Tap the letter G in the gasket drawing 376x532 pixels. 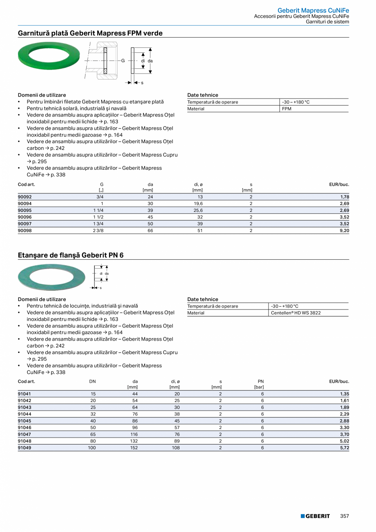click(123, 61)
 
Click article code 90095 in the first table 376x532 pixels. click(25, 210)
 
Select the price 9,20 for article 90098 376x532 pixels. click(344, 231)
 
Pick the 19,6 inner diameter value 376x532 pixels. click(198, 204)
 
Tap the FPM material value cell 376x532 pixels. click(286, 109)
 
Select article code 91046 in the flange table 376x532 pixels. click(25, 428)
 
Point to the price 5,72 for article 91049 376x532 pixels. click(344, 448)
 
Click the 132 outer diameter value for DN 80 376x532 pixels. click(133, 441)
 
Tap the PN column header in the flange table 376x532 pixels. click(261, 382)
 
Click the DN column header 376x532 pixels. click(93, 382)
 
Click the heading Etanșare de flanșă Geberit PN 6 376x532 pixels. click(71, 255)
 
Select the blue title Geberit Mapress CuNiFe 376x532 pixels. click(313, 10)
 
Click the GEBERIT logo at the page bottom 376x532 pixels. click(315, 516)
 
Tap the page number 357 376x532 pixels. click(345, 516)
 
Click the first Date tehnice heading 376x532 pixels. click(203, 95)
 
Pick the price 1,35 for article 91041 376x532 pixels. click(344, 394)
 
